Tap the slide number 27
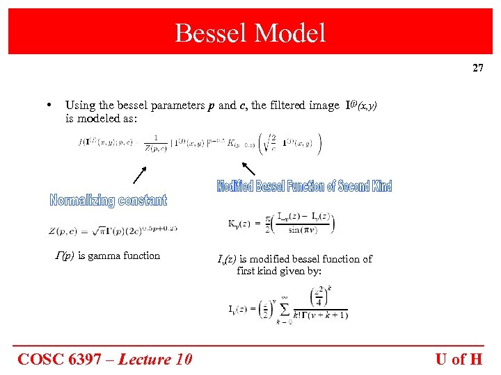[477, 68]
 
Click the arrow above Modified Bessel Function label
[248, 167]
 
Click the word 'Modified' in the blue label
[235, 186]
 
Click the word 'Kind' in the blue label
[381, 186]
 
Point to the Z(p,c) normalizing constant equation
[112, 228]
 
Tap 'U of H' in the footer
[459, 359]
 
